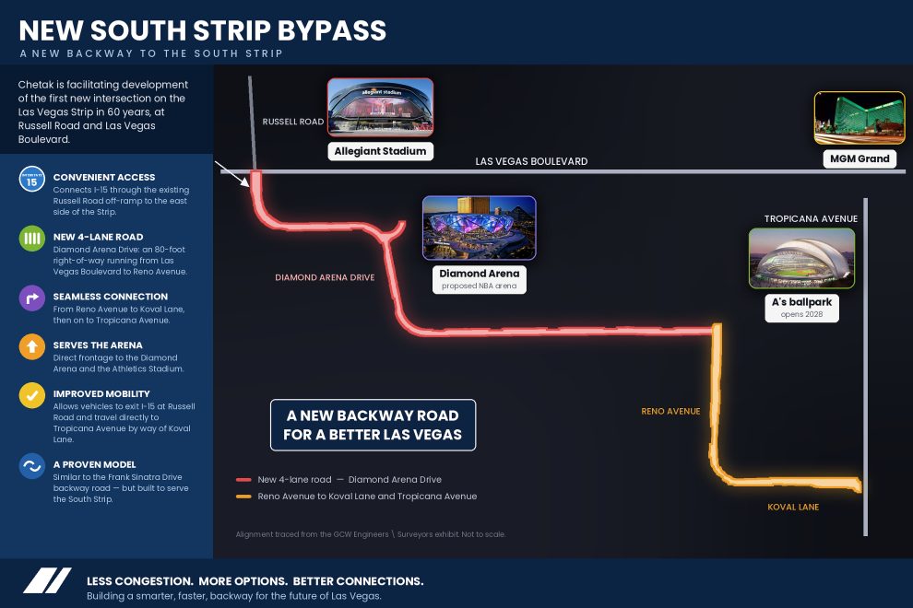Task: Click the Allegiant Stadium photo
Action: [380, 108]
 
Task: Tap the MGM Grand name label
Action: [860, 158]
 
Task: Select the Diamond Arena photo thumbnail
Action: [480, 228]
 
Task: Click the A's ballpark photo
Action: [801, 258]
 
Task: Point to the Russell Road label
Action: [293, 122]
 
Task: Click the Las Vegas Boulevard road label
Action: [531, 161]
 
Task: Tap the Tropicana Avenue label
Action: [811, 218]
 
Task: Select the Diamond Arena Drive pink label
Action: [325, 277]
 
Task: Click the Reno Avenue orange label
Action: [670, 412]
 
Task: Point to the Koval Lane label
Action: [793, 507]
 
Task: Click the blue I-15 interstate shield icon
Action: [32, 180]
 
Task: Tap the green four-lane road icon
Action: [32, 239]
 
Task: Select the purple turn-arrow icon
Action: [32, 298]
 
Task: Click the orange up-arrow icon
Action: [32, 346]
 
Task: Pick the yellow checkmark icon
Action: [32, 395]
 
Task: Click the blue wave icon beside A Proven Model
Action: [32, 466]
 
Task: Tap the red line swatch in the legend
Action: [243, 480]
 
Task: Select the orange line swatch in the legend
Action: [243, 497]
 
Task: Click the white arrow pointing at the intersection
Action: [232, 174]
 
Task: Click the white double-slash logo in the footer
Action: [47, 580]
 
